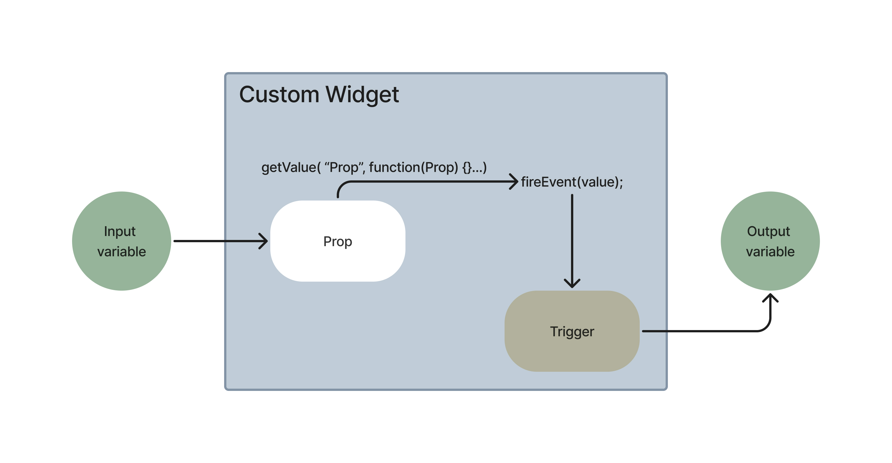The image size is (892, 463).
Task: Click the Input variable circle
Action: coord(122,241)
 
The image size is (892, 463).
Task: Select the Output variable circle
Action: coord(770,241)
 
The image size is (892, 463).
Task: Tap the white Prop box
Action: coord(338,241)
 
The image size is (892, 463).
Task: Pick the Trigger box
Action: coord(572,331)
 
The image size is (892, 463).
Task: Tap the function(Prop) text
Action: coord(413,167)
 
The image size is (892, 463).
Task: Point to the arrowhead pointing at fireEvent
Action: coord(514,181)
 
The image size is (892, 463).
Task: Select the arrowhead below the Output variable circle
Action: coord(770,298)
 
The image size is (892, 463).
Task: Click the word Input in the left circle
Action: coord(120,231)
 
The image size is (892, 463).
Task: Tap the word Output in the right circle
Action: coord(768,231)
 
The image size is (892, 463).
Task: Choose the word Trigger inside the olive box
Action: coord(572,332)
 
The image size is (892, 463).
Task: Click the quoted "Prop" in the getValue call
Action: coord(344,167)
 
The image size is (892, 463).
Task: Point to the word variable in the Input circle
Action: coord(122,251)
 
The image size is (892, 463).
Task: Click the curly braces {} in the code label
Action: coord(467,168)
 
